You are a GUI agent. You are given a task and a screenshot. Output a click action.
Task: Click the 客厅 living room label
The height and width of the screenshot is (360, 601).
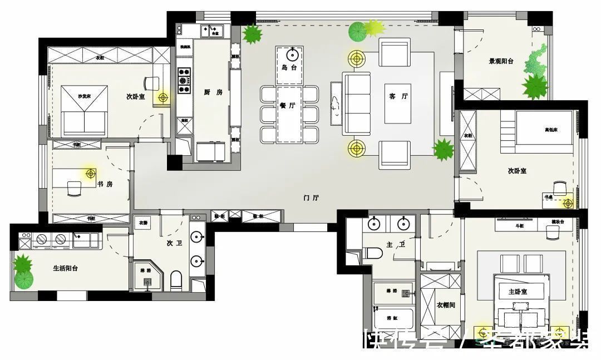click(398, 96)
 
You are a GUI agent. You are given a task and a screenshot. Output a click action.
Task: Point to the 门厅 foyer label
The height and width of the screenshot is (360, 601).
click(312, 198)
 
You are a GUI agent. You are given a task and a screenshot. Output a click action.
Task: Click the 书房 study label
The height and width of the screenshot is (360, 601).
click(105, 184)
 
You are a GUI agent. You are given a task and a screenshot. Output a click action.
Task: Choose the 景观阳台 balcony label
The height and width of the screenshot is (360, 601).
click(501, 62)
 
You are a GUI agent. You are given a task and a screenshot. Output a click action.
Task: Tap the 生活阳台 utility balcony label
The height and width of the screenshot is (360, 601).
click(65, 268)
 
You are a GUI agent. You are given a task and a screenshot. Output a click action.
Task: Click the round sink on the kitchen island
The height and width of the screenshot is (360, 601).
click(292, 55)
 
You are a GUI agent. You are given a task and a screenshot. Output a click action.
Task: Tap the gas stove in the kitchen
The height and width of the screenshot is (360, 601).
click(184, 81)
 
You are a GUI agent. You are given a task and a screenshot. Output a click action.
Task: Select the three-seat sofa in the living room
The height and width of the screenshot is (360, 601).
click(356, 103)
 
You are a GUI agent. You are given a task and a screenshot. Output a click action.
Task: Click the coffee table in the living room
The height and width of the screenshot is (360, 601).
click(397, 103)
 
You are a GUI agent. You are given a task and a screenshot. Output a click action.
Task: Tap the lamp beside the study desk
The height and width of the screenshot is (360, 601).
click(90, 174)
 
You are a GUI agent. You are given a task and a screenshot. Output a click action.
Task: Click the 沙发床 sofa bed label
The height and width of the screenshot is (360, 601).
click(83, 97)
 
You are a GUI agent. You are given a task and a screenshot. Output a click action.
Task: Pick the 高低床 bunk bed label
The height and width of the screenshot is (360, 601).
click(550, 130)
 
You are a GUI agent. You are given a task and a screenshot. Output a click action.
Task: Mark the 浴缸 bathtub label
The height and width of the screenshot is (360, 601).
click(393, 318)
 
